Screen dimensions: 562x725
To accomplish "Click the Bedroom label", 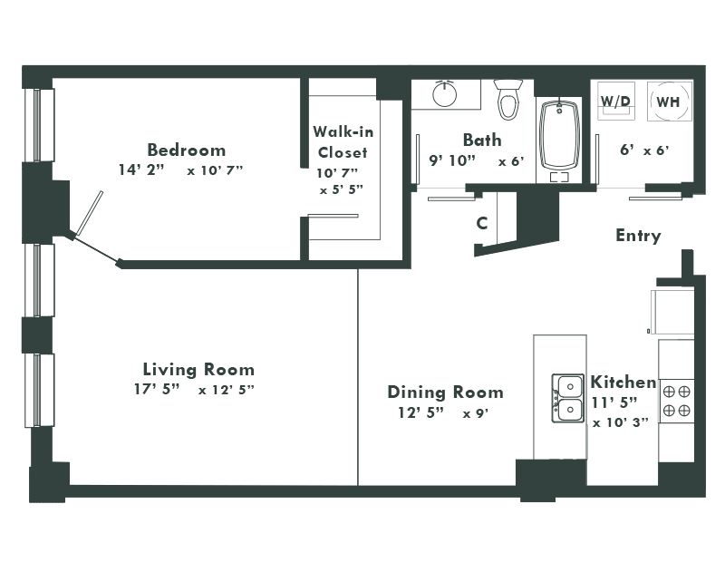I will pos(187,150).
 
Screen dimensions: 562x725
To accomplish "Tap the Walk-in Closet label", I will pos(343,141).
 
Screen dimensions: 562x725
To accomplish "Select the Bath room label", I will pos(481,140).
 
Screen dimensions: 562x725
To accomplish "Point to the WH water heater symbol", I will pos(669,102).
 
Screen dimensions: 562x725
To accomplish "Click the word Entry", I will pos(638,236).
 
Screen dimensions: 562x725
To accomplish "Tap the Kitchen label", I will pos(623,382).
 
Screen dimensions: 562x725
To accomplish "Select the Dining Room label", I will pos(445,392).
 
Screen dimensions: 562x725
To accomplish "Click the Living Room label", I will pos(198,370).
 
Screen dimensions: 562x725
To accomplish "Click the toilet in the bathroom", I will pos(507,99).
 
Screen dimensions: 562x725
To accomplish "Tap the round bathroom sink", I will pos(446,93).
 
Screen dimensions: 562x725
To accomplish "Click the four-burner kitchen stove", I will pos(676,401).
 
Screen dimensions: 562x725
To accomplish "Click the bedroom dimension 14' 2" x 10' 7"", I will pos(180,170).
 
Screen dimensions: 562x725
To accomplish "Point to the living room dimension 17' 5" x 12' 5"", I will pos(193,390).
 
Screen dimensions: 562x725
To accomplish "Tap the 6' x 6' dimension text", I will pos(643,150).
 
